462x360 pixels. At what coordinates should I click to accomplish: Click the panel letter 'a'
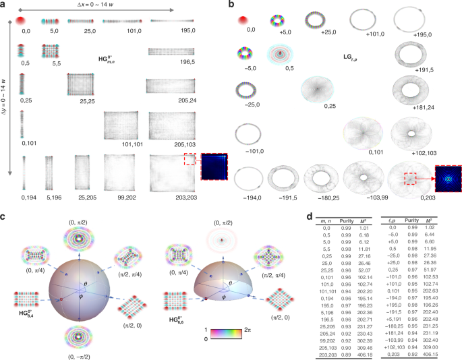(4, 5)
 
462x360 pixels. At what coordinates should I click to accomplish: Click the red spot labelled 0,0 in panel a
(28, 22)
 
